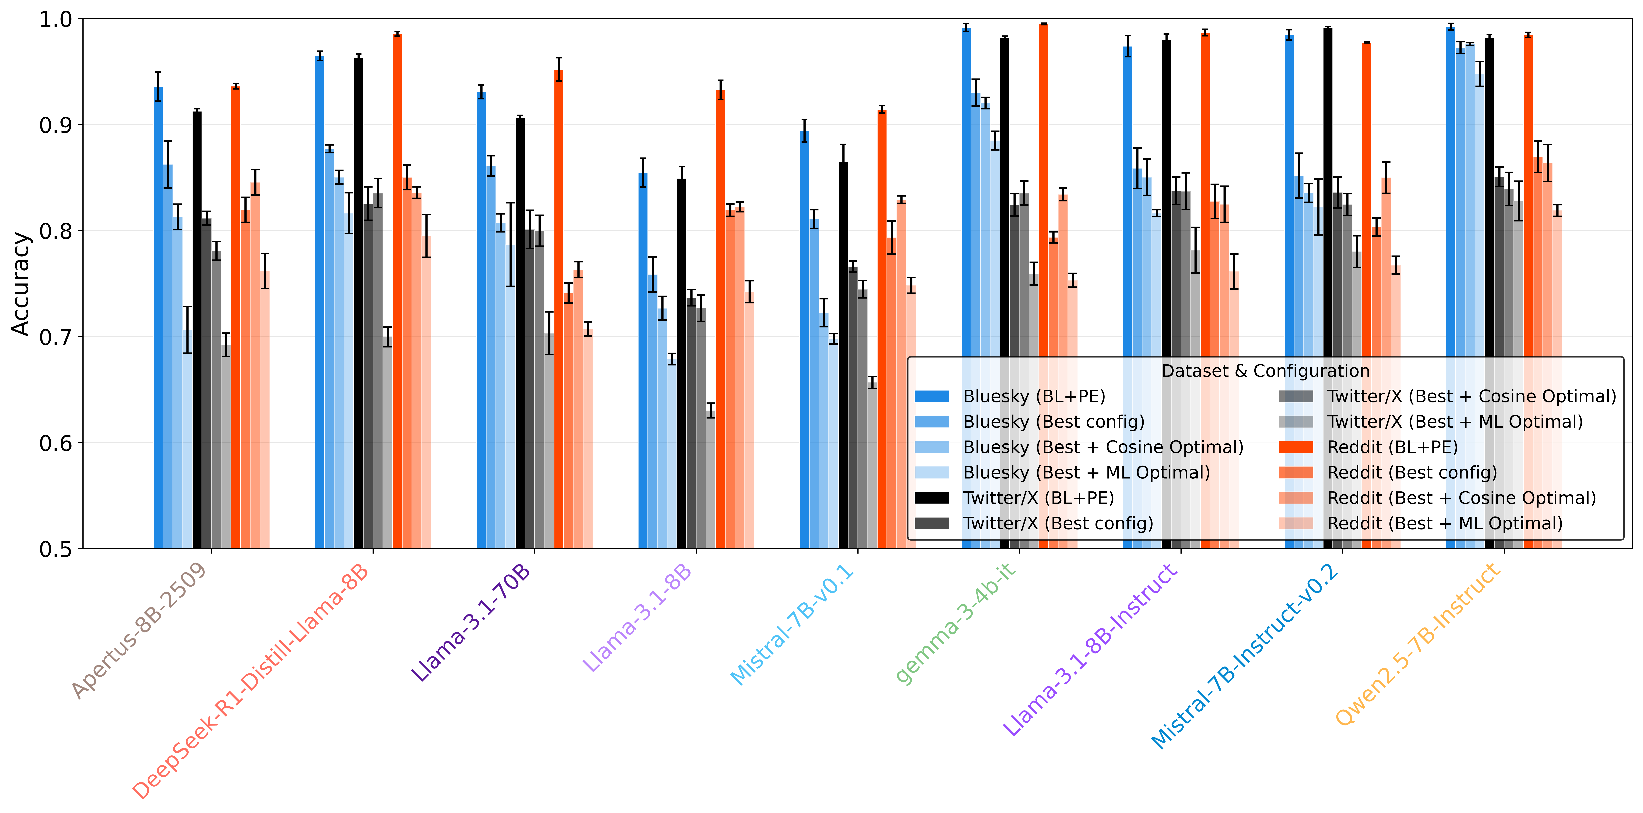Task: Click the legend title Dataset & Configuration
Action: point(1265,371)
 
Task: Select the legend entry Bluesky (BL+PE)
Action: point(1033,396)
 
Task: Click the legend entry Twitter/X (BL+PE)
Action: point(1038,498)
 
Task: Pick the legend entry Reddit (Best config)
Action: point(1411,472)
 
